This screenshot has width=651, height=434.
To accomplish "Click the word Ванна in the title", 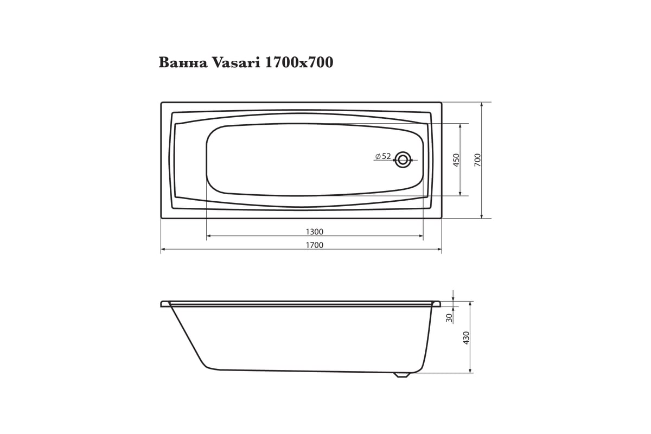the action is click(183, 62).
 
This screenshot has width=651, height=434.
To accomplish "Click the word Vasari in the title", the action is click(237, 62).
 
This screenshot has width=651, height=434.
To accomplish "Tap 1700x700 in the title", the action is click(299, 62).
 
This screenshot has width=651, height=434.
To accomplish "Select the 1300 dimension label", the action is click(315, 232).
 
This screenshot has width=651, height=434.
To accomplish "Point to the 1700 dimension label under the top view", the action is click(315, 245).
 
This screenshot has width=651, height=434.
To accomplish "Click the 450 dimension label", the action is click(456, 160).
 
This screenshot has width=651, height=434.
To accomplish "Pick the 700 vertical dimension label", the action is click(477, 160).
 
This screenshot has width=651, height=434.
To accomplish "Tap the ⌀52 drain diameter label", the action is click(383, 156).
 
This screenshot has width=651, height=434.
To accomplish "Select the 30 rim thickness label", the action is click(450, 318).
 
